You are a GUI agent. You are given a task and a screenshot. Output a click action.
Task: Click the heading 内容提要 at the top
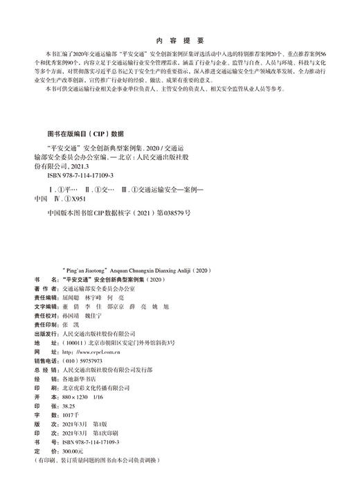(x=179, y=39)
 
